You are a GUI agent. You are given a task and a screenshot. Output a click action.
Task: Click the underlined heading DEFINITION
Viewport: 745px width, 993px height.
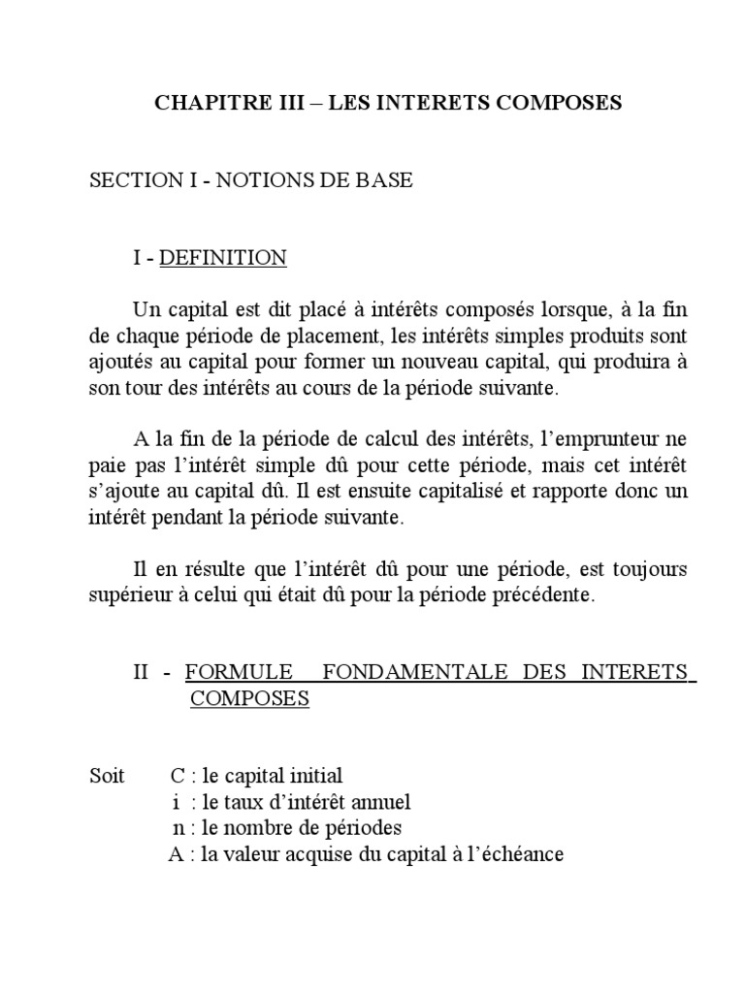pyautogui.click(x=222, y=258)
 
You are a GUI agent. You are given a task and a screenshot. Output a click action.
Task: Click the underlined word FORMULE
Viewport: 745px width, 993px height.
pyautogui.click(x=238, y=672)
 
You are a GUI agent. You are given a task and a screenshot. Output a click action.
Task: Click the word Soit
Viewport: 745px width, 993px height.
pyautogui.click(x=108, y=777)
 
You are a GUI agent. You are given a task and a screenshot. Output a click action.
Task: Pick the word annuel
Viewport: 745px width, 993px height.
pyautogui.click(x=378, y=803)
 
